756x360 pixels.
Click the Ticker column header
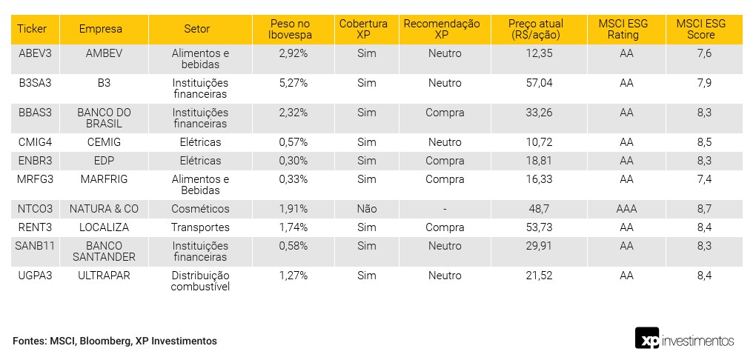pos(32,29)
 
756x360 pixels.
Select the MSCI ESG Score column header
pos(695,29)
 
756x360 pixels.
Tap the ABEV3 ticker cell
pos(35,53)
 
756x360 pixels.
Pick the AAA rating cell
pos(626,209)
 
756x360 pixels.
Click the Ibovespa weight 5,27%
pos(293,83)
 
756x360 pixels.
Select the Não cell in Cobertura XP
pos(367,209)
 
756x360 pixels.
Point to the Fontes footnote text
pos(115,341)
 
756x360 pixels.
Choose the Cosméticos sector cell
pos(200,209)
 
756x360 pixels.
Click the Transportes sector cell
pos(200,227)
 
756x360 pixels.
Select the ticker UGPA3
pos(36,276)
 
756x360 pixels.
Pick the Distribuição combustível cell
pos(200,281)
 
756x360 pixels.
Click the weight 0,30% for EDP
pos(293,161)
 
